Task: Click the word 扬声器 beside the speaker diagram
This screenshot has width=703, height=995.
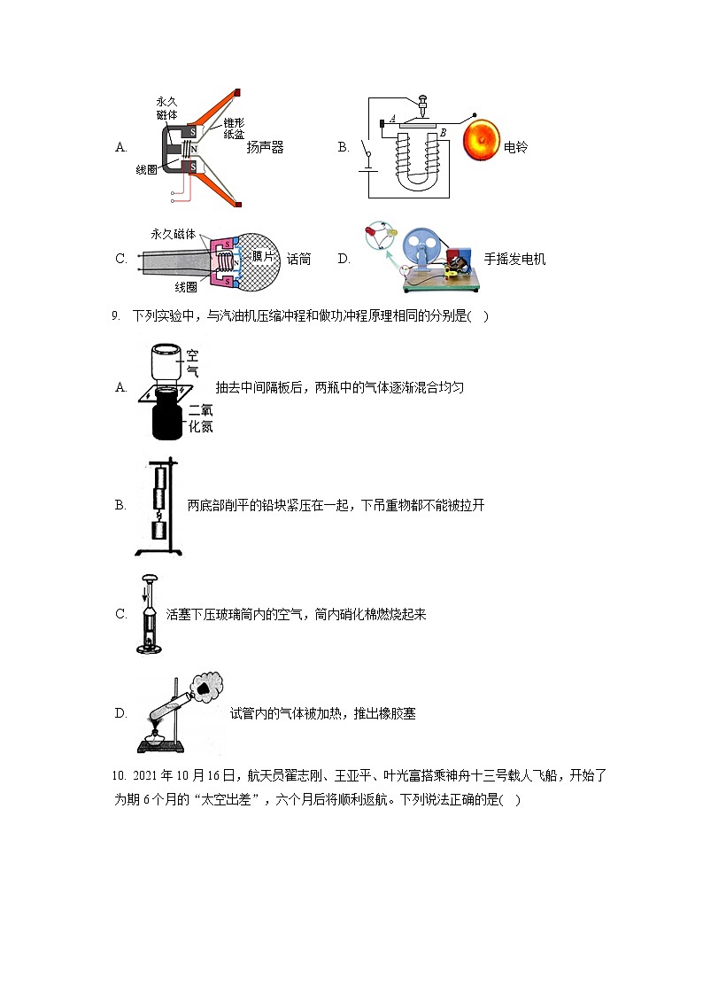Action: [266, 148]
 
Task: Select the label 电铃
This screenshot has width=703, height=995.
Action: [515, 148]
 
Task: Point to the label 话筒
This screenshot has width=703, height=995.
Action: [299, 259]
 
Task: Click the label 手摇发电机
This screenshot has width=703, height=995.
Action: [514, 259]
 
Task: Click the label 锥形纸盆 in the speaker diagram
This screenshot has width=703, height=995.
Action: [234, 128]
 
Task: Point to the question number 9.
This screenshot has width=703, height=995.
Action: [115, 315]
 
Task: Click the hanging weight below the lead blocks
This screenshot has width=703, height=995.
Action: [158, 531]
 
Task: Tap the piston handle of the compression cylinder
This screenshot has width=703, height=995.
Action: [148, 579]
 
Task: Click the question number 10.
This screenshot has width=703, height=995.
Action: [120, 776]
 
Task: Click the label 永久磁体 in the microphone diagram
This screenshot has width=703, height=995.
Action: [173, 234]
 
